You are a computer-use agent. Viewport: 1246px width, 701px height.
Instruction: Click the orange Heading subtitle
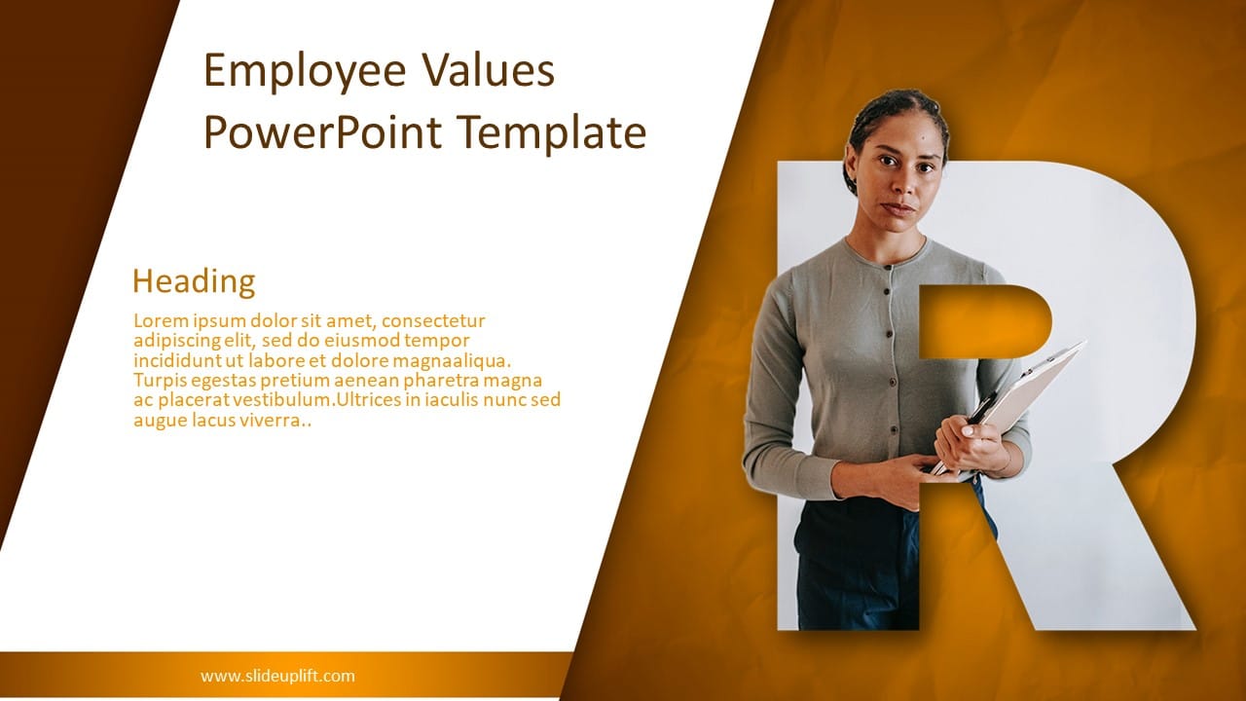(194, 281)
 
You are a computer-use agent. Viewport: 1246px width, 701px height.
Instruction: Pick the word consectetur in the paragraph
(432, 320)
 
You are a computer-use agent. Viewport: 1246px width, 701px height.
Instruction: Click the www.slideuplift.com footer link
(277, 676)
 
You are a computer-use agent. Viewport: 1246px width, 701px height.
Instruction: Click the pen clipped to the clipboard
(981, 406)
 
